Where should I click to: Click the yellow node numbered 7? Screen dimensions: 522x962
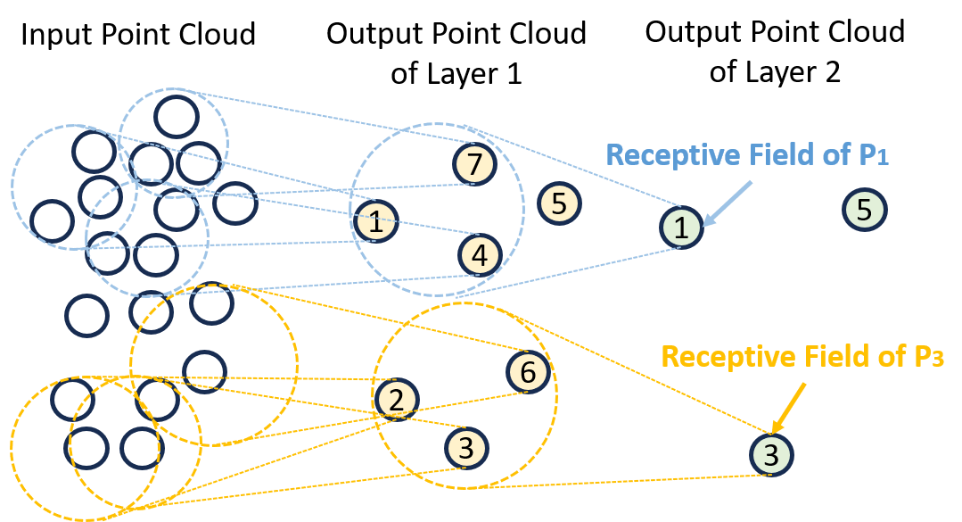click(x=474, y=164)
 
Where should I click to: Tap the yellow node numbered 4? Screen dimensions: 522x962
click(x=480, y=256)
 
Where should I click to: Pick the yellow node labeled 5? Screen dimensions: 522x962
click(x=559, y=203)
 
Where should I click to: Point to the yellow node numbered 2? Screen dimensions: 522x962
click(x=396, y=399)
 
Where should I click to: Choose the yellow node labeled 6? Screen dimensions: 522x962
click(x=528, y=373)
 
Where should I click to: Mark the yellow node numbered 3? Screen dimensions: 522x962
click(x=465, y=445)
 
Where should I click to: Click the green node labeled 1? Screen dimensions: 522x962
click(x=681, y=228)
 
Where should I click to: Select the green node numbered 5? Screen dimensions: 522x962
click(x=864, y=211)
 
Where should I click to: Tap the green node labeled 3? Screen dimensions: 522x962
click(x=771, y=456)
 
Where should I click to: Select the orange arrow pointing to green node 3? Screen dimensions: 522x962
click(x=789, y=408)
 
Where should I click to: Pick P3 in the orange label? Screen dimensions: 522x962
click(x=925, y=358)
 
